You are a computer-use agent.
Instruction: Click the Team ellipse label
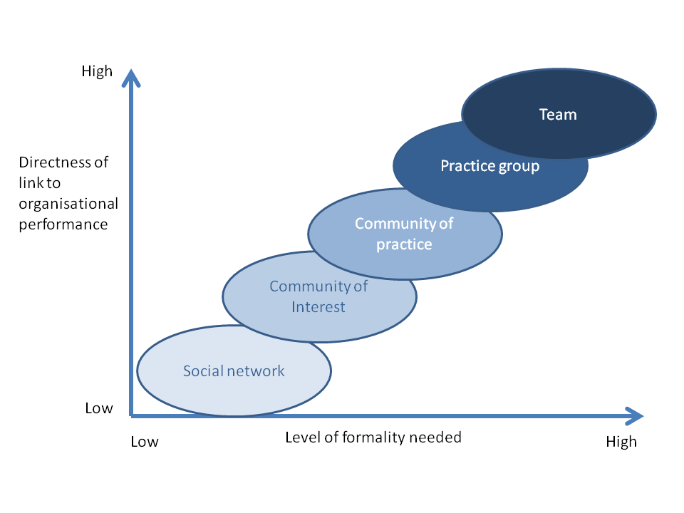click(558, 114)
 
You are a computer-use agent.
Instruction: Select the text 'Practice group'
click(489, 166)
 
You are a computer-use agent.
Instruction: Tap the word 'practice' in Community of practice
click(404, 244)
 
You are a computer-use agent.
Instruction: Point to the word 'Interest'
click(318, 307)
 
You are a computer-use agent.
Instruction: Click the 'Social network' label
click(234, 370)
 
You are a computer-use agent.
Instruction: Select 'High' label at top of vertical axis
click(97, 71)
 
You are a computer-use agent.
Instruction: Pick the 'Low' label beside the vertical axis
click(99, 408)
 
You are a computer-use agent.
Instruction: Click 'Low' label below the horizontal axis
click(145, 442)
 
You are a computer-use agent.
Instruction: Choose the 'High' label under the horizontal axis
click(621, 442)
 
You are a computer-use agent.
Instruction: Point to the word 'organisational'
click(68, 204)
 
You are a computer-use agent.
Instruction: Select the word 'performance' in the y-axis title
click(63, 224)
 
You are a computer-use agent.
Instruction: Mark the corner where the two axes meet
click(130, 415)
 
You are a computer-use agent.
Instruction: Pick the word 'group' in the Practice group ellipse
click(519, 167)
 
